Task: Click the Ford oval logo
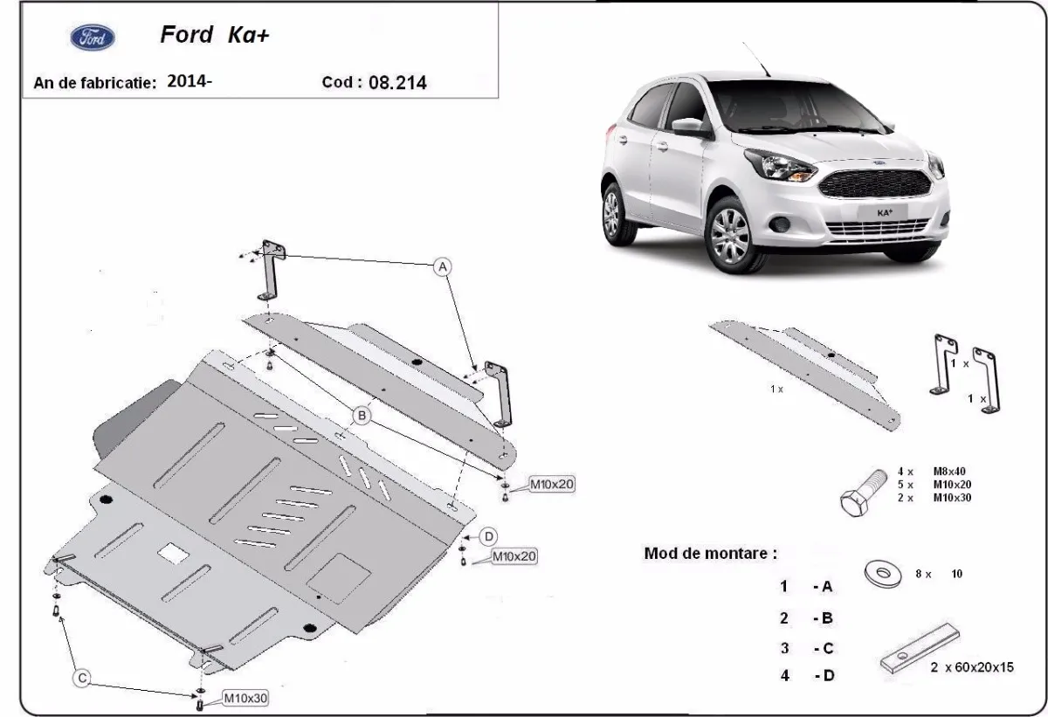[x=91, y=38]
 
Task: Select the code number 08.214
[x=397, y=83]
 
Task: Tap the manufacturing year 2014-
[x=189, y=82]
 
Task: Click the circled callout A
[x=443, y=265]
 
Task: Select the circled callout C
[x=81, y=677]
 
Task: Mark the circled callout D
[x=489, y=535]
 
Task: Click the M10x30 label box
[x=245, y=697]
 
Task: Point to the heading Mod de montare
[x=709, y=553]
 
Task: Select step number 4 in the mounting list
[x=784, y=676]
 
